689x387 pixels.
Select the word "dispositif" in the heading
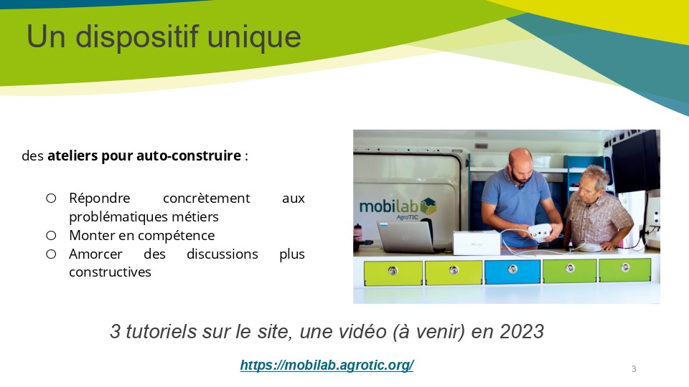(x=137, y=37)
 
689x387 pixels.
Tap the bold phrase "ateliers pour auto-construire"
(x=144, y=156)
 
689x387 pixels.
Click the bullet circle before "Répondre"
(x=51, y=199)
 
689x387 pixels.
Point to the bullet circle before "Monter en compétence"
(x=51, y=236)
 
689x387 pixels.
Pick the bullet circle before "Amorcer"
(x=51, y=254)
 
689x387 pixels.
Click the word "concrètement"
(x=206, y=199)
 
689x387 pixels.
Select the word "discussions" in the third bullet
(x=222, y=254)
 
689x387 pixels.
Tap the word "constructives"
(x=110, y=272)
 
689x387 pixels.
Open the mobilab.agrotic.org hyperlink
(x=327, y=365)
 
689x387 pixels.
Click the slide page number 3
(x=634, y=368)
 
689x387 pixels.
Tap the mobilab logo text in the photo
(x=388, y=206)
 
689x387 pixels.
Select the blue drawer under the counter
(x=512, y=272)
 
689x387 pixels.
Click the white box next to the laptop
(x=477, y=243)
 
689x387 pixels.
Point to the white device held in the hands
(x=540, y=230)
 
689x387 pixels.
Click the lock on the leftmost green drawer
(x=393, y=271)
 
